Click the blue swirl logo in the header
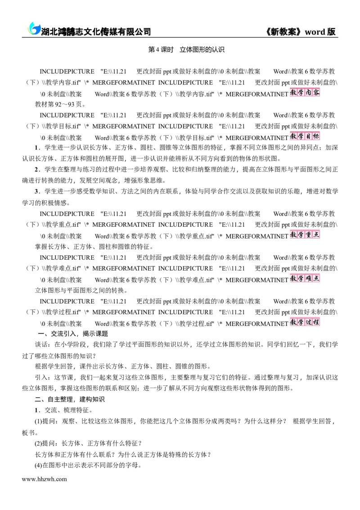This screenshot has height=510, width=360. pyautogui.click(x=34, y=28)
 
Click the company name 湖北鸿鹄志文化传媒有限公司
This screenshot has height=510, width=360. pyautogui.click(x=96, y=32)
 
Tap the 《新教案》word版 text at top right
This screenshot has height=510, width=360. pyautogui.click(x=300, y=32)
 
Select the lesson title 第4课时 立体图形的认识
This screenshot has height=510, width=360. pyautogui.click(x=186, y=50)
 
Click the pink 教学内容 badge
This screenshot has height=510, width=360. pyautogui.click(x=305, y=92)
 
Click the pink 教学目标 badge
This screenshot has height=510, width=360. pyautogui.click(x=305, y=136)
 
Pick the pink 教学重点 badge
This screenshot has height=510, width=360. pyautogui.click(x=305, y=235)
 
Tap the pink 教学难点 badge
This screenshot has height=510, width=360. pyautogui.click(x=305, y=278)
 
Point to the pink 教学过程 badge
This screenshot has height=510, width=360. pyautogui.click(x=305, y=322)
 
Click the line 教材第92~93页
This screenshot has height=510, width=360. pyautogui.click(x=60, y=104)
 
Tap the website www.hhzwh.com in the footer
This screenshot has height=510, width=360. pyautogui.click(x=44, y=479)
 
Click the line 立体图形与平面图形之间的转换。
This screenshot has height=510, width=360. pyautogui.click(x=81, y=290)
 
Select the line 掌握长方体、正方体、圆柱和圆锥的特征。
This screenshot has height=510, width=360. pyautogui.click(x=94, y=247)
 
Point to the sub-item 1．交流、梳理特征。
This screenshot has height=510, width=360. pyautogui.click(x=64, y=410)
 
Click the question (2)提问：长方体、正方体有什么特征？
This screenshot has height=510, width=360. pyautogui.click(x=88, y=443)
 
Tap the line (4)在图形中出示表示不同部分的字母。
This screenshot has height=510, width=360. pyautogui.click(x=88, y=465)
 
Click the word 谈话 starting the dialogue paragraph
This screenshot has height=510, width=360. pyautogui.click(x=41, y=344)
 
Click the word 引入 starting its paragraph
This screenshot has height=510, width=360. pyautogui.click(x=41, y=377)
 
